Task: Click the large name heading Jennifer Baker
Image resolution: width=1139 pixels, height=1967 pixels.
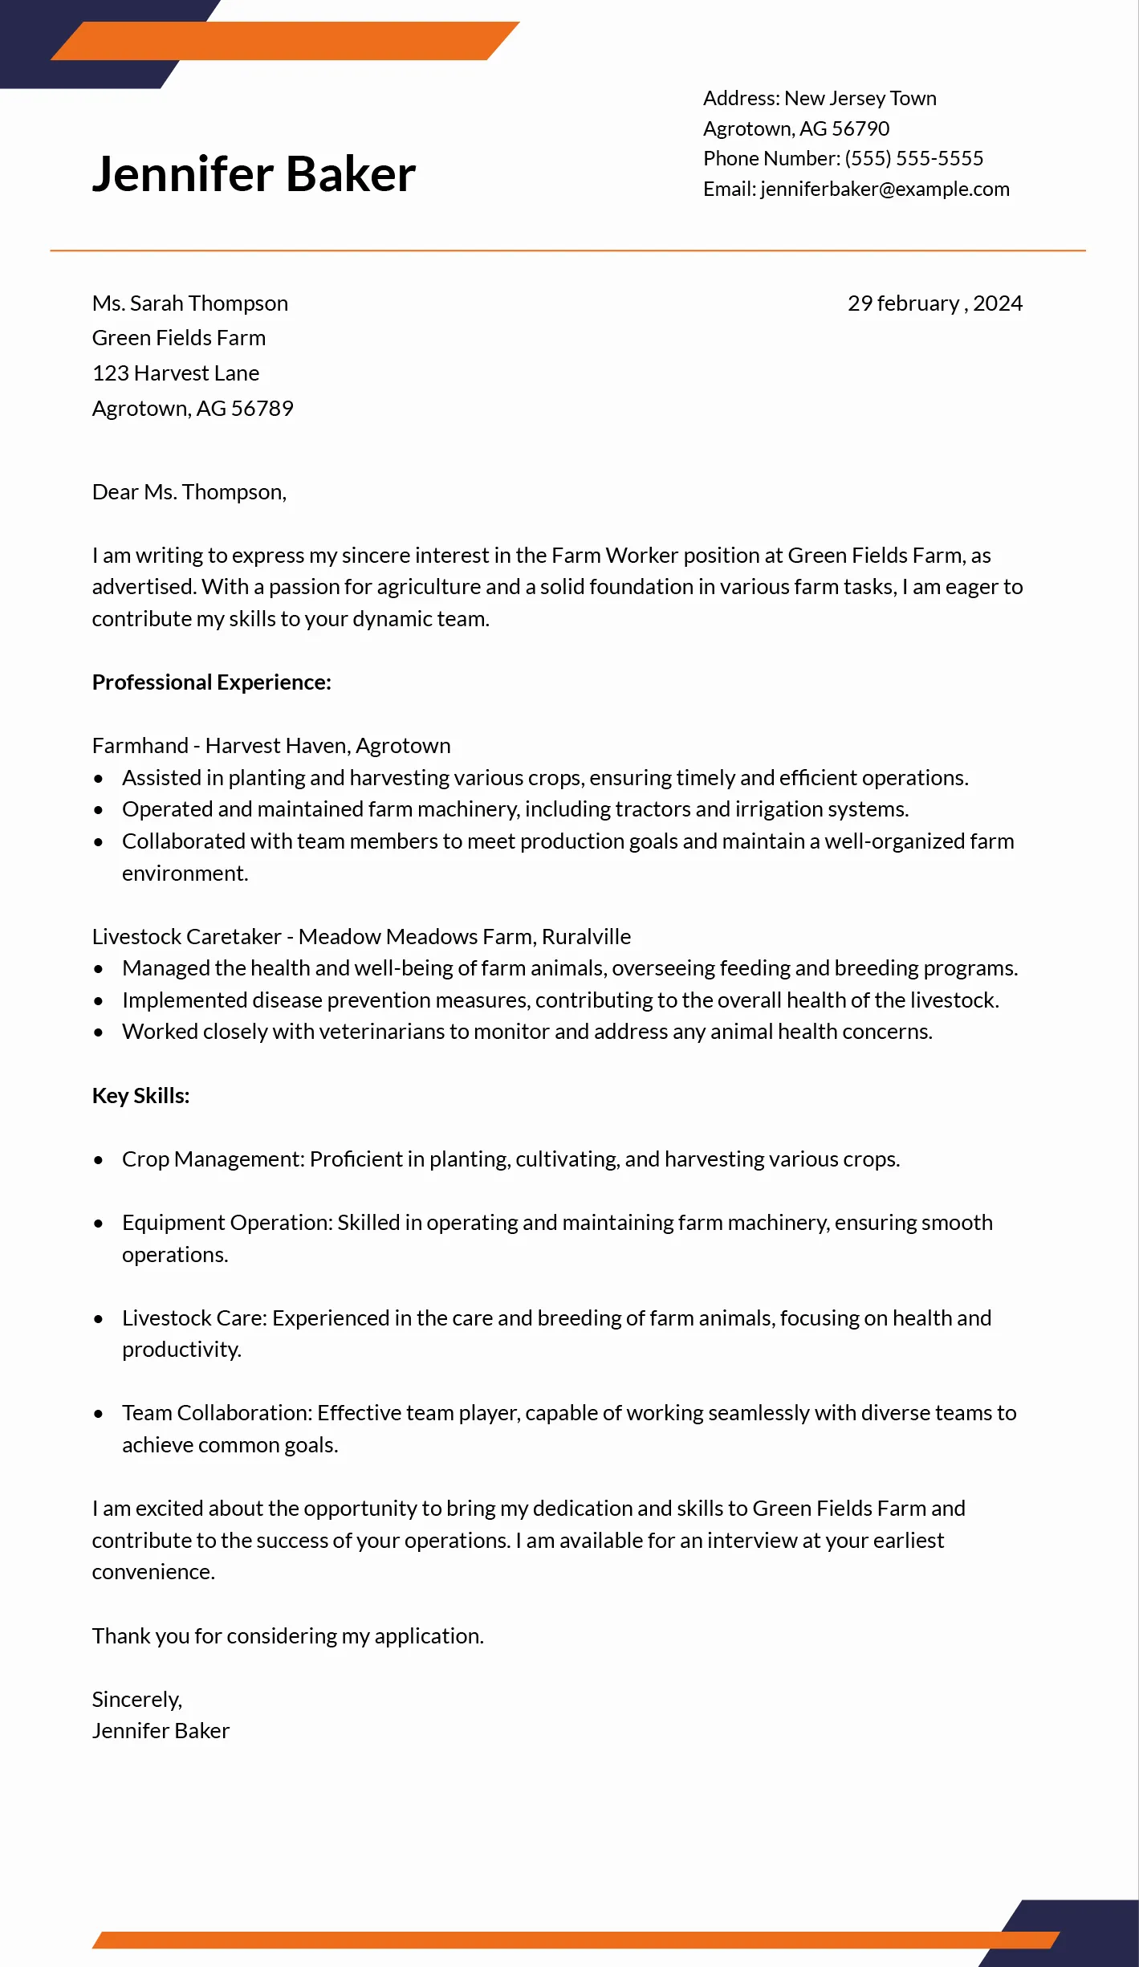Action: [254, 174]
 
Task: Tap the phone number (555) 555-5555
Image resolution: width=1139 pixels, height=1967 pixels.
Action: [913, 158]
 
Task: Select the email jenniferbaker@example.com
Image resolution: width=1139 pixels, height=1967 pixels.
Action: [885, 189]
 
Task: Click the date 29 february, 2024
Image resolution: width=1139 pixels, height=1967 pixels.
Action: [934, 303]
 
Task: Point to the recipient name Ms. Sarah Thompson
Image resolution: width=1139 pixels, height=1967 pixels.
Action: [189, 303]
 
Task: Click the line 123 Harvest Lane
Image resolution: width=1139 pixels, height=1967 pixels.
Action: [175, 373]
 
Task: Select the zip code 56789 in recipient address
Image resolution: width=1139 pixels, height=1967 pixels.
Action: [262, 409]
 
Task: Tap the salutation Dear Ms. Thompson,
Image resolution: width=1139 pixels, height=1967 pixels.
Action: [189, 492]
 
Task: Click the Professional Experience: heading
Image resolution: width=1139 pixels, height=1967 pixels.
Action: [211, 682]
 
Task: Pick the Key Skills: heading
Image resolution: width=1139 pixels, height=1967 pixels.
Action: [140, 1096]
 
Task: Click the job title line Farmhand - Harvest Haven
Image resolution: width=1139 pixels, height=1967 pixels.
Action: [271, 746]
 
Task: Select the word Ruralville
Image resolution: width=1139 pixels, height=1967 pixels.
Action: [586, 937]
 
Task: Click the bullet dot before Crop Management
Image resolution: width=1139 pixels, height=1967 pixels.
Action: [99, 1160]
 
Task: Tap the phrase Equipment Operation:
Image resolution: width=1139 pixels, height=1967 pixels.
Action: [227, 1223]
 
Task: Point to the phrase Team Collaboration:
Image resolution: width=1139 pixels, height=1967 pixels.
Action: [217, 1413]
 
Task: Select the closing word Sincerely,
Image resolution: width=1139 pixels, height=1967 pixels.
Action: [136, 1700]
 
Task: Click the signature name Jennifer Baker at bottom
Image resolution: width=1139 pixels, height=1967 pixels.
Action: [161, 1731]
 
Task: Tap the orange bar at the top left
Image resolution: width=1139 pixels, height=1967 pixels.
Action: [285, 41]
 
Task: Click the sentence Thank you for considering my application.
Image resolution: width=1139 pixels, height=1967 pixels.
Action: [287, 1636]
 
